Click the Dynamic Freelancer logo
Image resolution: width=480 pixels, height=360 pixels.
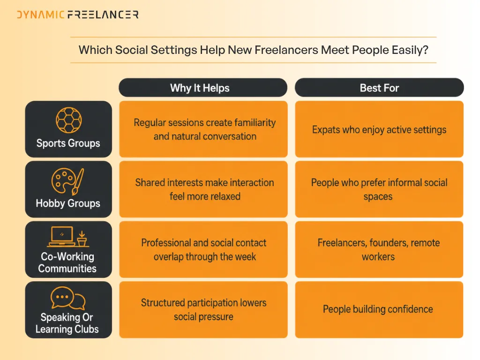[78, 15]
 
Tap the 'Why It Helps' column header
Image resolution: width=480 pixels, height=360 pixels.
[203, 88]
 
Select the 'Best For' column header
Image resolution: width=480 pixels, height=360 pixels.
[379, 88]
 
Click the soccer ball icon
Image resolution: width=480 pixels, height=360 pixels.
[69, 120]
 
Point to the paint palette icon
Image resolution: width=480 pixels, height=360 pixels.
[67, 181]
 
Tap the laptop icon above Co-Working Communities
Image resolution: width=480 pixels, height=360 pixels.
[62, 237]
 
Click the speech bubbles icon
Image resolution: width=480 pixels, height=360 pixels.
[68, 298]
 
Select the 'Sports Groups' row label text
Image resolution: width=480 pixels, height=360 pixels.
[68, 143]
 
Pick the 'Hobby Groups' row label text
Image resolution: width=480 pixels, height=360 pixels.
[68, 203]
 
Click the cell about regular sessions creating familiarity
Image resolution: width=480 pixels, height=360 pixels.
[203, 129]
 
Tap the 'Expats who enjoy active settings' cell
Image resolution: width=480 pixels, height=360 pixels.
[379, 129]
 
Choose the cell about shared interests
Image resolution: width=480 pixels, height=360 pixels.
[203, 189]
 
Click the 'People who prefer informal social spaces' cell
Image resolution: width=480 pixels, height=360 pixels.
[379, 189]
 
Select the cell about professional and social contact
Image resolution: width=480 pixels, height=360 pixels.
[203, 249]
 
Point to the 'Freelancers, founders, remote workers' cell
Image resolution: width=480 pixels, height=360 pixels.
[379, 249]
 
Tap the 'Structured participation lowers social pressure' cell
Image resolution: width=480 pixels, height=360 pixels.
[203, 310]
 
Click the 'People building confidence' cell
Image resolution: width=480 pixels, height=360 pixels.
[379, 310]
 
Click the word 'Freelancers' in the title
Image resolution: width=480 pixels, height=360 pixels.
[286, 50]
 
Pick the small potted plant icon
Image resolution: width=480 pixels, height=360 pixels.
[82, 239]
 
